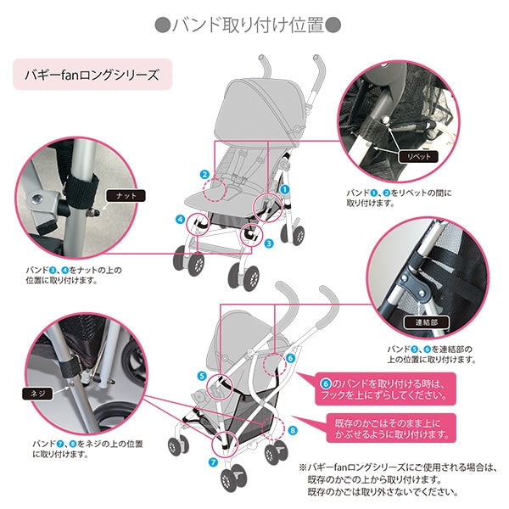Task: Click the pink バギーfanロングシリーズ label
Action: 93,74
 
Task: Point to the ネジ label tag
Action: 36,394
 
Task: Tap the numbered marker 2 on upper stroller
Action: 204,175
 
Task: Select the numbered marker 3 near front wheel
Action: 268,243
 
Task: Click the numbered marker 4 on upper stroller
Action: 180,219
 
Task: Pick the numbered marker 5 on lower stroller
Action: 202,375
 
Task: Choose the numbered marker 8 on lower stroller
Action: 293,430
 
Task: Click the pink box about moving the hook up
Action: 387,388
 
